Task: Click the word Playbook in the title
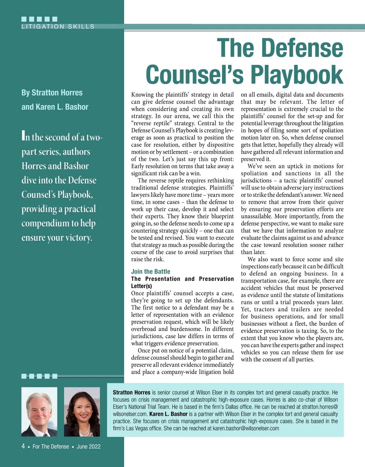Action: [x=296, y=75]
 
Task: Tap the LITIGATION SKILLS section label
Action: [x=58, y=27]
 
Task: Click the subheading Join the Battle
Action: [x=151, y=271]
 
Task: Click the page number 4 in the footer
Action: [x=23, y=446]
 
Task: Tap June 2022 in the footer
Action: [x=89, y=447]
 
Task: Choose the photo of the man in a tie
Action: [x=39, y=412]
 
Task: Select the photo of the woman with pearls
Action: [x=82, y=412]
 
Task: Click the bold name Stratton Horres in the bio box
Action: [x=131, y=392]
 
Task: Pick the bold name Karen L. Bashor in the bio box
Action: [x=168, y=414]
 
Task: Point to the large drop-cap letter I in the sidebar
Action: [x=23, y=135]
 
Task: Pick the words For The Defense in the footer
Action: [x=51, y=447]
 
